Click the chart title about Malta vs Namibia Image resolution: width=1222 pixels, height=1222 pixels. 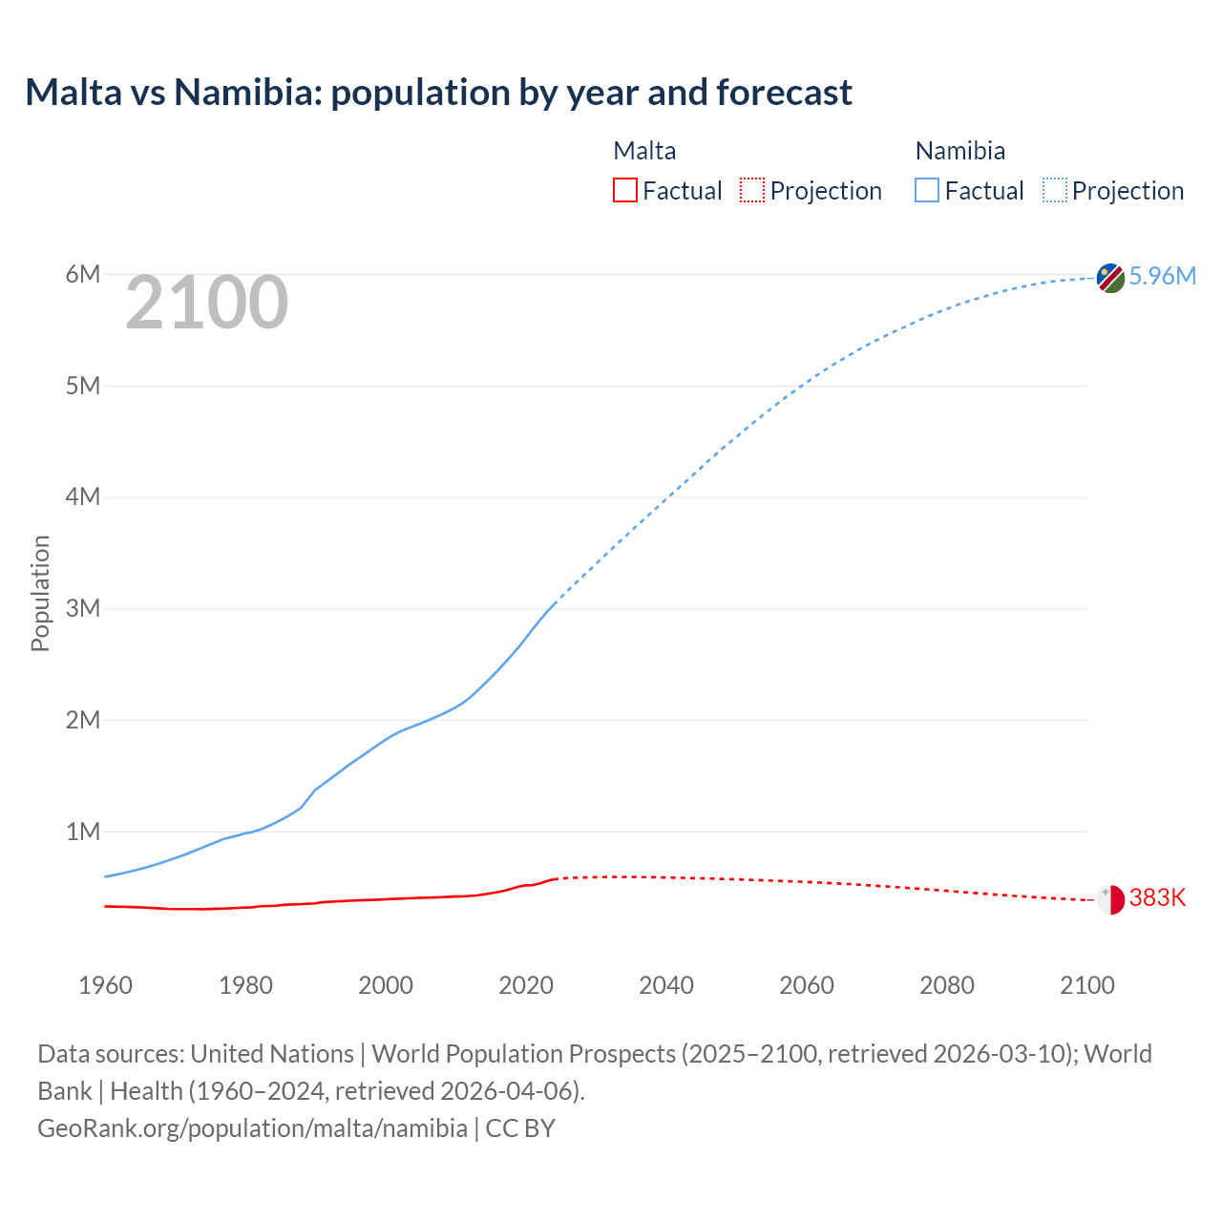[438, 93]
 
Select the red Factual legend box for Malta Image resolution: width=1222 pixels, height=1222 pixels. [624, 191]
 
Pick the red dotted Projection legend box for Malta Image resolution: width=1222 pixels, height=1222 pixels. [752, 191]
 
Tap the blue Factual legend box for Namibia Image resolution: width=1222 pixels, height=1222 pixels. [927, 191]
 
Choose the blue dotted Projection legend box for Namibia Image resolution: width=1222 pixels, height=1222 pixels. [1055, 191]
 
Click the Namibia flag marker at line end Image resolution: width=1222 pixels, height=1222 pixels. [1110, 278]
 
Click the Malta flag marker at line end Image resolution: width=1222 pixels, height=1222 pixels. [1110, 899]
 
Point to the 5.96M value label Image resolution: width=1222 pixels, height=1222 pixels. [1162, 277]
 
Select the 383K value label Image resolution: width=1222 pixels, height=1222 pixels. [1157, 898]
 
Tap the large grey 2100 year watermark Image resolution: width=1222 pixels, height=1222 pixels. [206, 303]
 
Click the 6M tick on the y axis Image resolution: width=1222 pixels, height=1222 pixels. [83, 275]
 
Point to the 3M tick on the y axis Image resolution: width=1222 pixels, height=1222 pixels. [83, 609]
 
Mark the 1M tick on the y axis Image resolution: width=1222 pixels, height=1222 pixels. [83, 832]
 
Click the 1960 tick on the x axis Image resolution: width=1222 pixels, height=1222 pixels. [105, 985]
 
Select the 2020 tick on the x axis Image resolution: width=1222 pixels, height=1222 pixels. [526, 985]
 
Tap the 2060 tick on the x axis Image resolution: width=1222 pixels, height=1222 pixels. [807, 985]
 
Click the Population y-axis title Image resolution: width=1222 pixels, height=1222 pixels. [40, 593]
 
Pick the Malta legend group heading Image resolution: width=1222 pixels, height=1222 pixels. [644, 151]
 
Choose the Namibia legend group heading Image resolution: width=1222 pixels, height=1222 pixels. [959, 151]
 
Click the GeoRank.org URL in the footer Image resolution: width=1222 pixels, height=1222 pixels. [252, 1128]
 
